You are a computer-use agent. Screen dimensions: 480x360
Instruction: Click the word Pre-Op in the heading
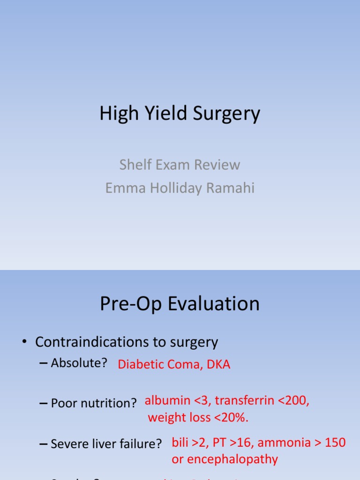[125, 304]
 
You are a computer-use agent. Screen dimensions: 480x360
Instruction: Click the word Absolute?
[79, 363]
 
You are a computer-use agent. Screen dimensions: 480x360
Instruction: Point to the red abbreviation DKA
[217, 365]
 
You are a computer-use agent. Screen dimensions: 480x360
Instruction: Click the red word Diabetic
[140, 365]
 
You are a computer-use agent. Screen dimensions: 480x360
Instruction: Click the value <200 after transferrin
[293, 401]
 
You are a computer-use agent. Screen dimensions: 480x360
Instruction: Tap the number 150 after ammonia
[335, 442]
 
